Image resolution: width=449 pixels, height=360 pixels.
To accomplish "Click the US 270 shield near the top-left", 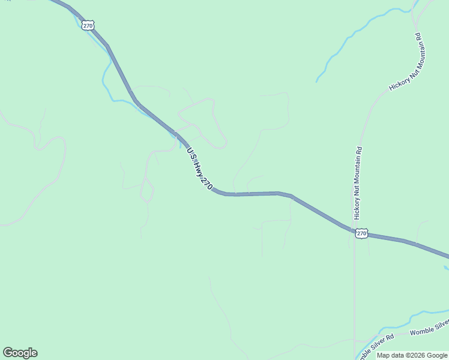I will click(88, 25).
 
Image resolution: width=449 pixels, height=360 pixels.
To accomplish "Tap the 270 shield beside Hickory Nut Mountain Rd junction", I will click(361, 233).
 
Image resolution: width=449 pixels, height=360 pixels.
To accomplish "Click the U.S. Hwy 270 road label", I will click(200, 170).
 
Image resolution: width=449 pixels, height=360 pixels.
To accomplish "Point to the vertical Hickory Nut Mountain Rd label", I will click(358, 182).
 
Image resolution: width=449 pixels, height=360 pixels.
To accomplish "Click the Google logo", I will click(20, 353).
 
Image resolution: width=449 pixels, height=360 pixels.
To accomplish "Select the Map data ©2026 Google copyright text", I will click(412, 355).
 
